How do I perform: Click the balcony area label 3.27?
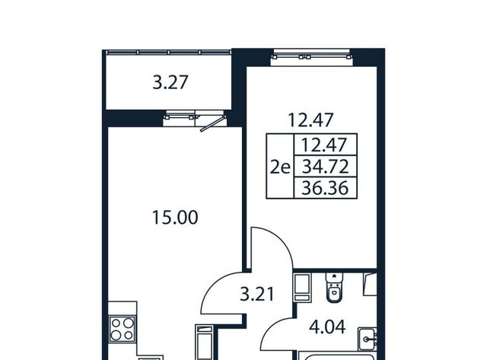[x=170, y=83]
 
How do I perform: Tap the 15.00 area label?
[x=175, y=218]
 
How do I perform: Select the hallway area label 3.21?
[x=257, y=294]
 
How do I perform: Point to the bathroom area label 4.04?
[x=327, y=327]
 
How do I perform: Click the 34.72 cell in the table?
[x=326, y=167]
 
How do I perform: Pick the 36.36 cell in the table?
[x=326, y=188]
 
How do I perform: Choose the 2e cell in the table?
[x=280, y=167]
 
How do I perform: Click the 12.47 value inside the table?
[x=324, y=145]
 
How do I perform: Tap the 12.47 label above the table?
[x=311, y=120]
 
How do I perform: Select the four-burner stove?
[x=122, y=329]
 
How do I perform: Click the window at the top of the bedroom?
[x=312, y=57]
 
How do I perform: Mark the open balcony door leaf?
[x=213, y=124]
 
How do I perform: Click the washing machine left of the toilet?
[x=302, y=288]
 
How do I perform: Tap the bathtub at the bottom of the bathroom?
[x=338, y=355]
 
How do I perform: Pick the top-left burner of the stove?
[x=116, y=323]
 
